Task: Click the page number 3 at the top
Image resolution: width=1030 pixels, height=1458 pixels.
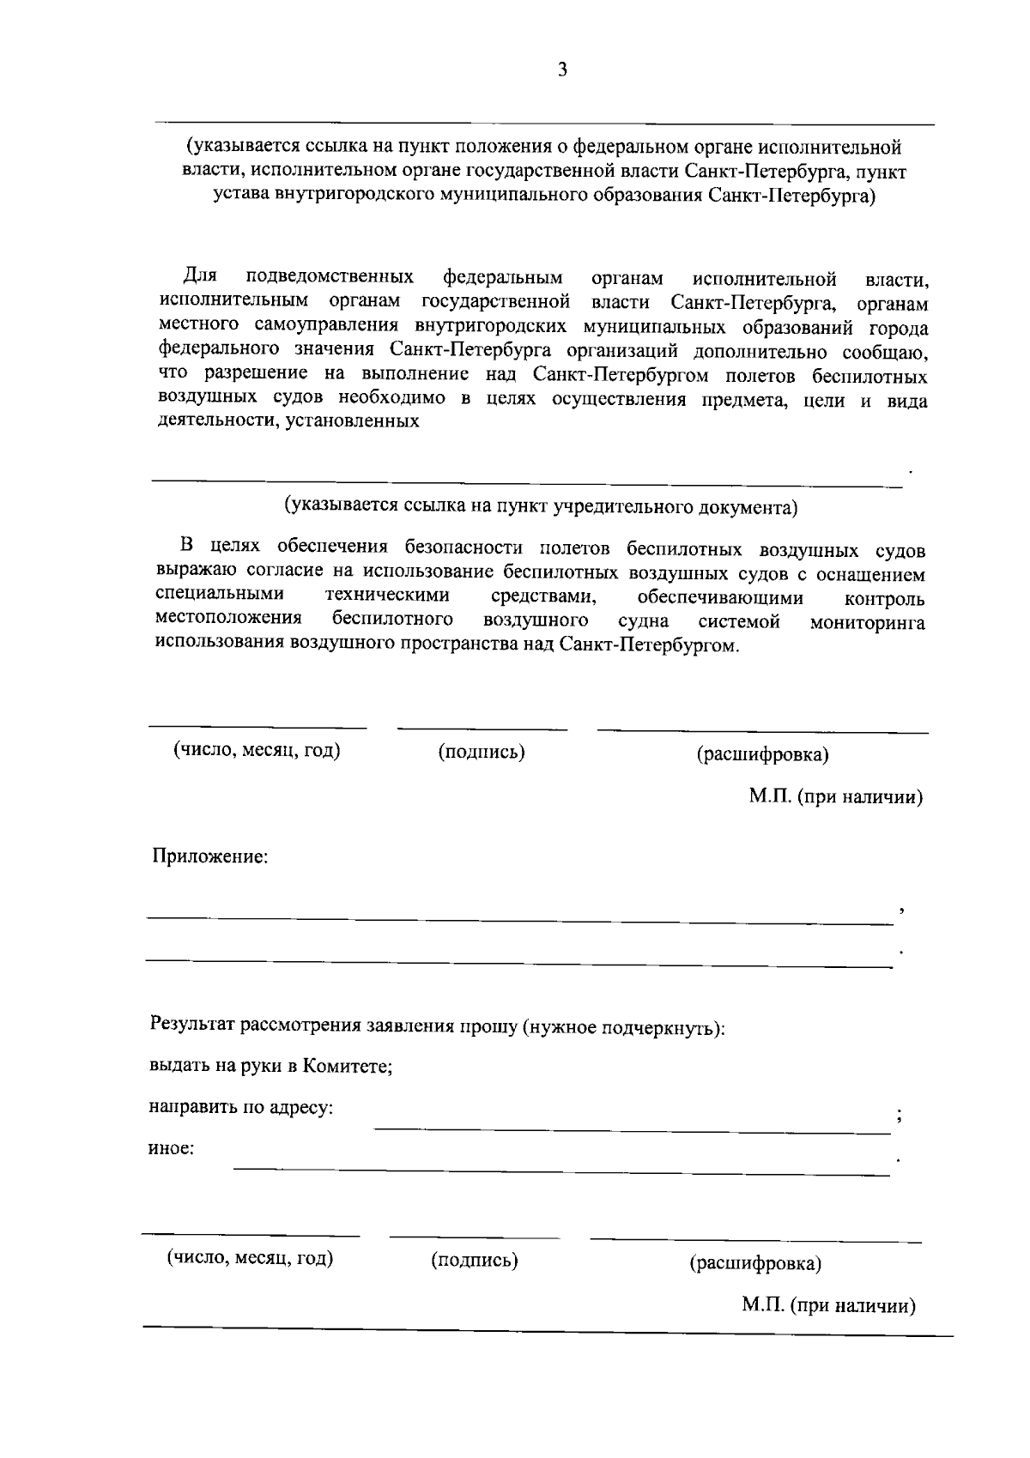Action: coord(562,70)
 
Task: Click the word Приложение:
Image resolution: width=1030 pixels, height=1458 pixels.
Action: coord(210,856)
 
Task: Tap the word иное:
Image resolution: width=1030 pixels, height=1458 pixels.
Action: coord(171,1148)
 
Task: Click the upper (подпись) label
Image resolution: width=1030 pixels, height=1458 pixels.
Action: coord(482,753)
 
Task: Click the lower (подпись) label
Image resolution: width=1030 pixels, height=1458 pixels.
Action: coord(475,1260)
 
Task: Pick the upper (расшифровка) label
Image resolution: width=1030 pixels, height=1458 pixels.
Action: coord(762,755)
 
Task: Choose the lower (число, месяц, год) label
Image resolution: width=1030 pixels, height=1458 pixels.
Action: coord(250,1258)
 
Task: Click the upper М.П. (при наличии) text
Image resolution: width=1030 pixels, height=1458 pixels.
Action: coord(835,797)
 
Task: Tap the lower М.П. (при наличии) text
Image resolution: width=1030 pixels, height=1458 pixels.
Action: coord(828,1305)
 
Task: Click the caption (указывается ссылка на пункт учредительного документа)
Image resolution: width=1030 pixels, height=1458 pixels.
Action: coord(542,507)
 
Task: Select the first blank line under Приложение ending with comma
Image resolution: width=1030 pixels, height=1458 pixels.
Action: coord(519,921)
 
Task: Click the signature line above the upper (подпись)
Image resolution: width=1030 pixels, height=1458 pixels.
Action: coord(482,729)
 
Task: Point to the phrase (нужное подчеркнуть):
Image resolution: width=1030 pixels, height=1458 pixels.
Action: coord(624,1027)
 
